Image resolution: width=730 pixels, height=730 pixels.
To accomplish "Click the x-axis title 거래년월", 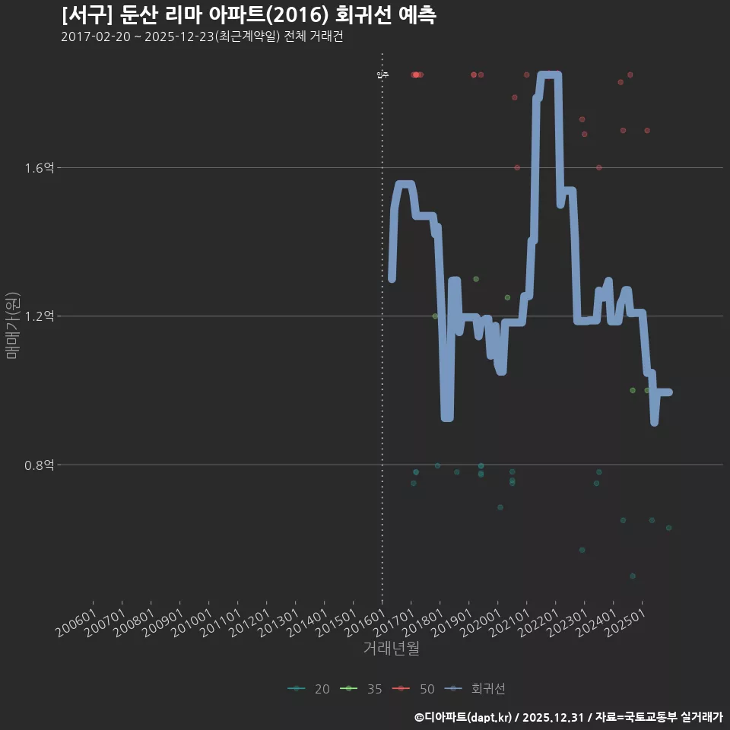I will (391, 649).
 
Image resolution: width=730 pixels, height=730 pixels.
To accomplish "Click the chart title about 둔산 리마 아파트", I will (249, 15).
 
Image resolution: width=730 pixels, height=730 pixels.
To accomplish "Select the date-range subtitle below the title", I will (202, 37).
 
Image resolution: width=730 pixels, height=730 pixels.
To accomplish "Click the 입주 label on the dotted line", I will (382, 75).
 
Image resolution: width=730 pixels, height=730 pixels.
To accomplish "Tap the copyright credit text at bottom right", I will (568, 716).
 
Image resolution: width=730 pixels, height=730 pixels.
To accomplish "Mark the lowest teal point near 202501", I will (633, 576).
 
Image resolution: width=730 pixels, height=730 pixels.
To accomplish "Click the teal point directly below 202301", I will (582, 550).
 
